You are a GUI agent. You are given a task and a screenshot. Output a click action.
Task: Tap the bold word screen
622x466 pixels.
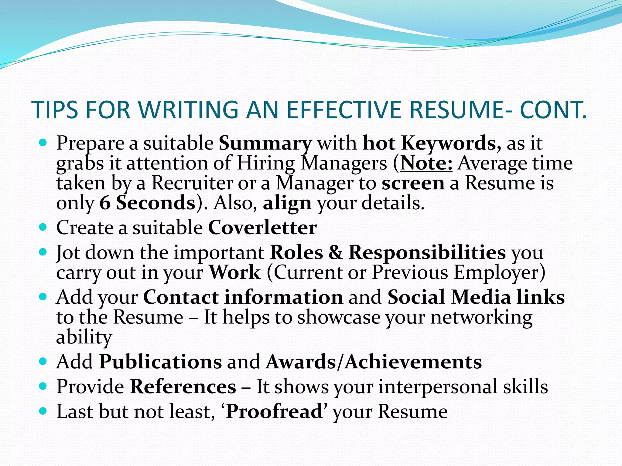[413, 183]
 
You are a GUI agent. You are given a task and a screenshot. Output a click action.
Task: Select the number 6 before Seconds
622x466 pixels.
[104, 203]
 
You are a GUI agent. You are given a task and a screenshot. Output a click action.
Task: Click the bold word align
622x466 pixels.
[287, 203]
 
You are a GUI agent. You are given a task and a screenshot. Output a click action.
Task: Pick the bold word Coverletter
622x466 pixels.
[262, 228]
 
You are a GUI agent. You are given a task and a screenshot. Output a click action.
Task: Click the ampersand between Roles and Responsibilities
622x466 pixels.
[335, 252]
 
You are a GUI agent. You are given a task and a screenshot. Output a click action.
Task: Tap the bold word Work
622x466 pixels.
[234, 272]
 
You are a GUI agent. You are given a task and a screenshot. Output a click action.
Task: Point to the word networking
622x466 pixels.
[481, 317]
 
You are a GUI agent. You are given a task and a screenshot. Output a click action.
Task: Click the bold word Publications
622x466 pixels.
[161, 362]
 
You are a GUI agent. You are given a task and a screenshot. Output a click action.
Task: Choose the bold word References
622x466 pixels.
[183, 387]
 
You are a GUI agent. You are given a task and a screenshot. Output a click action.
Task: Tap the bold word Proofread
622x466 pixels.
[274, 412]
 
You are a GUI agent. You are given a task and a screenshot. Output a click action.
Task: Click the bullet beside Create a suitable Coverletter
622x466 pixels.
[43, 227]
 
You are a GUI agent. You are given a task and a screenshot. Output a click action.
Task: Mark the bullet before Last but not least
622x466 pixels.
[43, 411]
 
